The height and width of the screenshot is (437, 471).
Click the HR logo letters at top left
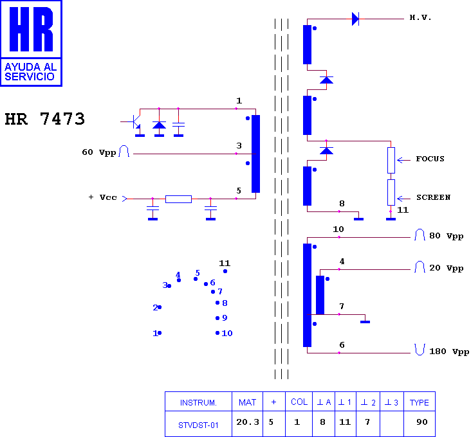pyautogui.click(x=32, y=29)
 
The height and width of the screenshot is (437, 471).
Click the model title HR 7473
pyautogui.click(x=45, y=119)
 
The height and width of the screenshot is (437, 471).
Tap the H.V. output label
pyautogui.click(x=420, y=18)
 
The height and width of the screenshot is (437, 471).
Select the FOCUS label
pyautogui.click(x=430, y=159)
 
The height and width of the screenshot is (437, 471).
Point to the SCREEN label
pyautogui.click(x=433, y=197)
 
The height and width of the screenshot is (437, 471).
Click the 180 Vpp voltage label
pyautogui.click(x=449, y=352)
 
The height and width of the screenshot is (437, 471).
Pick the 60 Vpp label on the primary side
pyautogui.click(x=99, y=152)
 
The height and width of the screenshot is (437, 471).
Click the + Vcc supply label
pyautogui.click(x=102, y=197)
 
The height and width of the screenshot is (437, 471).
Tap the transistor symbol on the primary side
pyautogui.click(x=136, y=122)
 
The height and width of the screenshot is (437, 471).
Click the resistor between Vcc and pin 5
pyautogui.click(x=178, y=199)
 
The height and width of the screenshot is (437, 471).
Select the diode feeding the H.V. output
pyautogui.click(x=355, y=19)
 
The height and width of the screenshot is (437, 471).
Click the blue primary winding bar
pyautogui.click(x=255, y=154)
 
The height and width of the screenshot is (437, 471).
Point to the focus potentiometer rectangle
pyautogui.click(x=391, y=160)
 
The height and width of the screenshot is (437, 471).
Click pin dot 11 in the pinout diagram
pyautogui.click(x=225, y=271)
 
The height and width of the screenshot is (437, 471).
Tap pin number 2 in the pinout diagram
pyautogui.click(x=155, y=307)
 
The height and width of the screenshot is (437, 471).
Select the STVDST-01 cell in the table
pyautogui.click(x=198, y=425)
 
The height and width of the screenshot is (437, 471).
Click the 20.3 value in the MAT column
pyautogui.click(x=248, y=422)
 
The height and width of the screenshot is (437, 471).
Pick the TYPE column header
pyautogui.click(x=420, y=402)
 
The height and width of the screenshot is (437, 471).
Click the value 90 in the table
pyautogui.click(x=421, y=422)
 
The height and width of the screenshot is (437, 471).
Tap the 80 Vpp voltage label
pyautogui.click(x=446, y=236)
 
